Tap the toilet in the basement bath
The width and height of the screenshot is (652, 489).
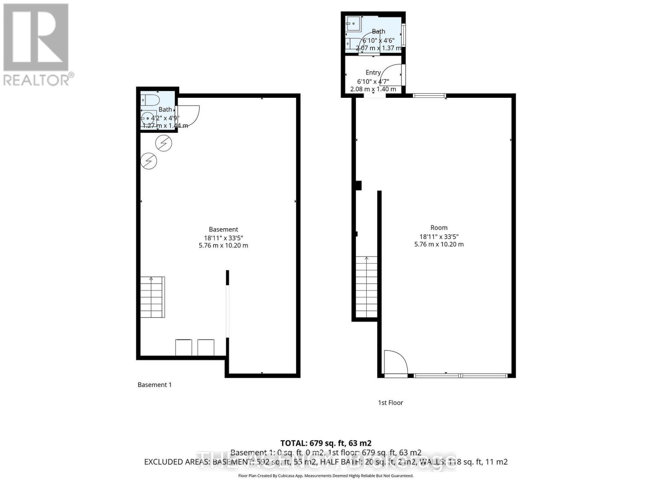pyautogui.click(x=150, y=100)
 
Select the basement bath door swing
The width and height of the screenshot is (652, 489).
pyautogui.click(x=188, y=115)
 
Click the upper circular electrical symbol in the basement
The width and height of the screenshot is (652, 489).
pyautogui.click(x=164, y=143)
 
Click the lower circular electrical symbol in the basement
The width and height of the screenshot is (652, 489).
pyautogui.click(x=149, y=161)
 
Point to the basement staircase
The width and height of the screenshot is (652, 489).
pyautogui.click(x=152, y=297)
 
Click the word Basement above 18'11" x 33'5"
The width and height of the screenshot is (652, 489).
pyautogui.click(x=223, y=229)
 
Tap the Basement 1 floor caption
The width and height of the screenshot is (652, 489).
pyautogui.click(x=154, y=385)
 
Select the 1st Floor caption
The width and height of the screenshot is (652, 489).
pyautogui.click(x=390, y=403)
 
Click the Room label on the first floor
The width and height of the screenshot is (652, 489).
pyautogui.click(x=439, y=228)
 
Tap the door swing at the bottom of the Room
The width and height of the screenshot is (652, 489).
pyautogui.click(x=395, y=362)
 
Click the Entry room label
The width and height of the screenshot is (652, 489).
pyautogui.click(x=373, y=73)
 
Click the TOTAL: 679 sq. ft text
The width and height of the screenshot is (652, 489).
pyautogui.click(x=326, y=443)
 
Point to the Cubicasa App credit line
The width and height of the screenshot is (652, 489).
pyautogui.click(x=326, y=476)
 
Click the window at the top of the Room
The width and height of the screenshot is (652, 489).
pyautogui.click(x=429, y=96)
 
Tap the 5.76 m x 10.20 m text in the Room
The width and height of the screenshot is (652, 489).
pyautogui.click(x=439, y=244)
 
